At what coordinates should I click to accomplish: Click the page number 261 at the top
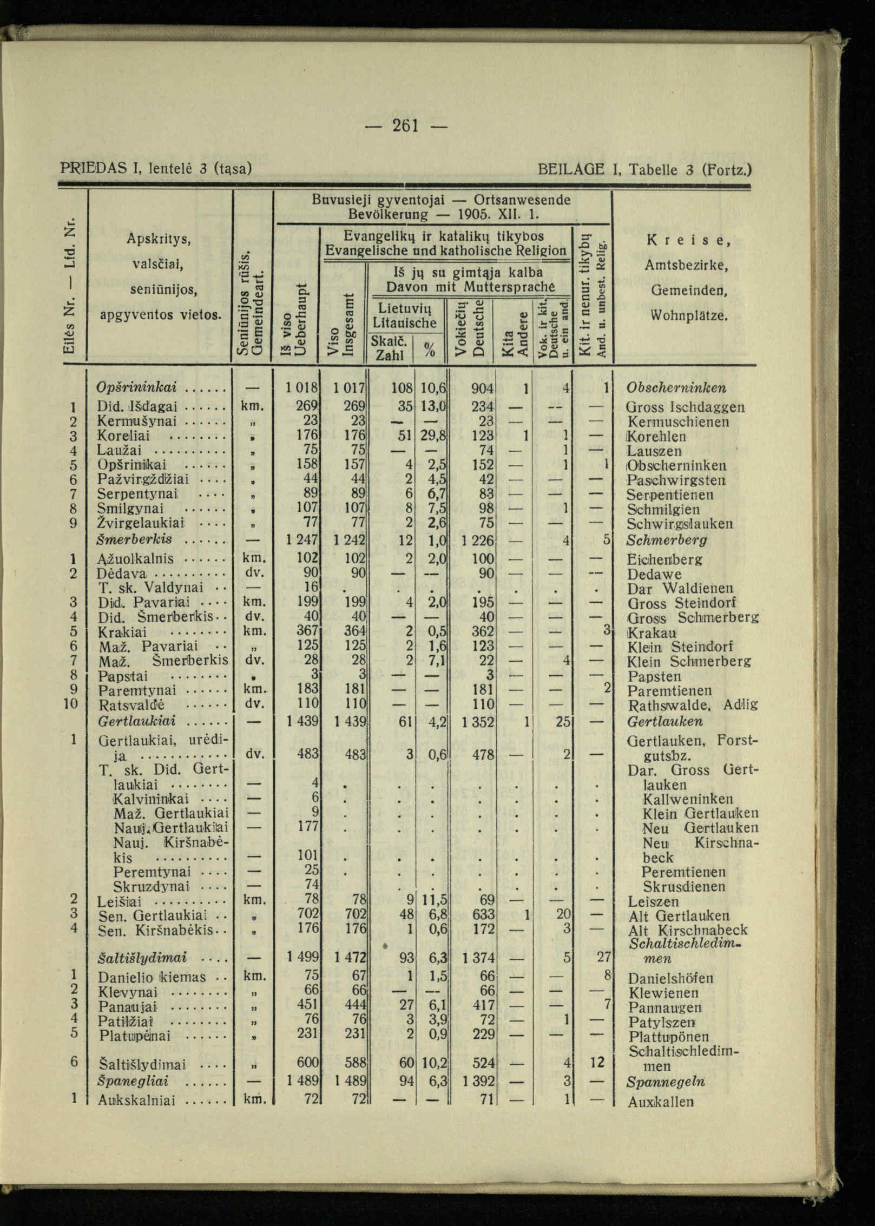pyautogui.click(x=405, y=126)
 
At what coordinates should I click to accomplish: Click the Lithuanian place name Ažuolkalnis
pyautogui.click(x=136, y=559)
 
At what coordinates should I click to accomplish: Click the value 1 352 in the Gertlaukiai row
pyautogui.click(x=478, y=721)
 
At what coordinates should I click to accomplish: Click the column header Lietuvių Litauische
pyautogui.click(x=404, y=316)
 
